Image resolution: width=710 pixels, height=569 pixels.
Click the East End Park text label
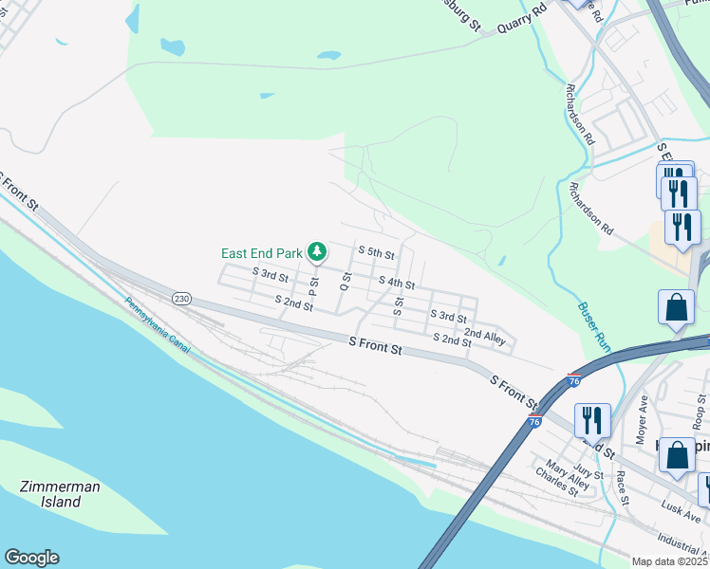tap(261, 253)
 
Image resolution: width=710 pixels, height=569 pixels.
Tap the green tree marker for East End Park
tap(317, 252)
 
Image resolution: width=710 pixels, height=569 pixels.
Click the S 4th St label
tap(396, 283)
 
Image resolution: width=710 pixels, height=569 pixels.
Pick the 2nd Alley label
tap(484, 336)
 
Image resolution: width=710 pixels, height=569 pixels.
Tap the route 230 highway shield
tap(181, 298)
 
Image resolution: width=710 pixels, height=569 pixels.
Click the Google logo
tap(31, 558)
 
